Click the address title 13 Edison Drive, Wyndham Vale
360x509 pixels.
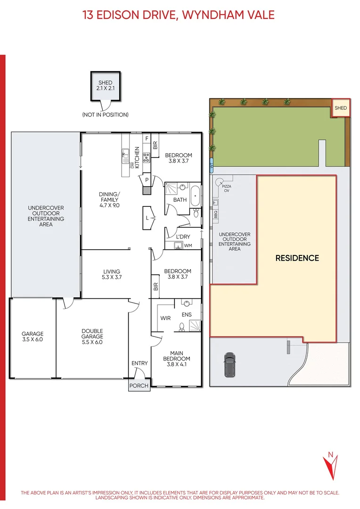179,15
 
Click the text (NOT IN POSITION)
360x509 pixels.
105,115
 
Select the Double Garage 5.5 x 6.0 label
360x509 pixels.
92,337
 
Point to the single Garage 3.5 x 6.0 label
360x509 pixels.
32,336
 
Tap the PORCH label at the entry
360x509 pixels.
139,386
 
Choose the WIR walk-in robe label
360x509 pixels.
165,318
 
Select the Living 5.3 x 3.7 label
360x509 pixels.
112,274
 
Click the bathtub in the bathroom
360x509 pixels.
195,196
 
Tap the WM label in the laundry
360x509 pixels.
188,246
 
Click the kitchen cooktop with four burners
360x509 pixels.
147,157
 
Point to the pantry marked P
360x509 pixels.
147,180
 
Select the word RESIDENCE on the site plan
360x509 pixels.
297,258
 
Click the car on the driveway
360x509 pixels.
229,365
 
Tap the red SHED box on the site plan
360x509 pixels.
340,108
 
